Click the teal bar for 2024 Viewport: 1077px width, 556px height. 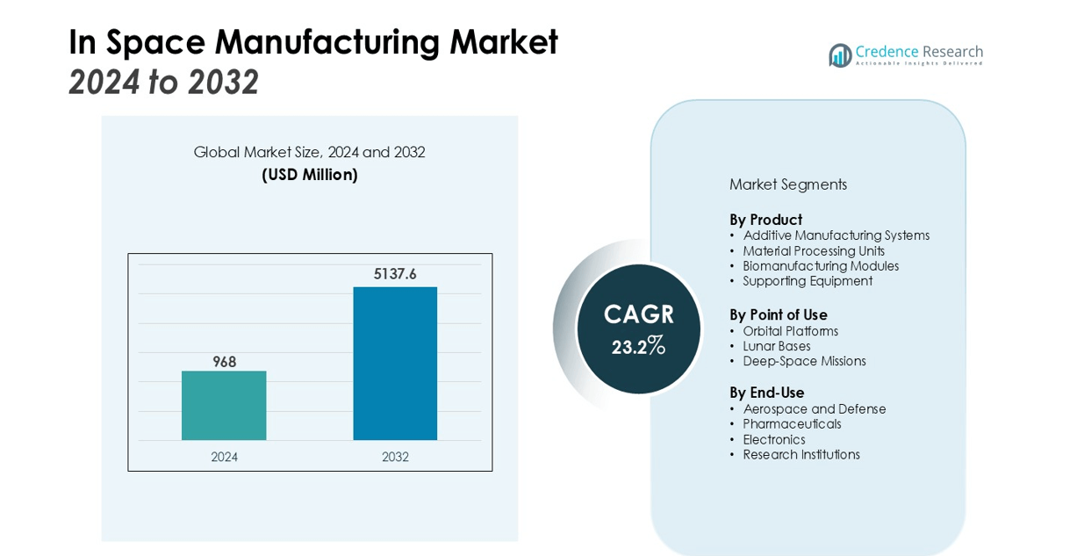point(224,405)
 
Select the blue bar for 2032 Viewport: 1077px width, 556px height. point(395,363)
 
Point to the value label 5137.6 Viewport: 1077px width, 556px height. point(395,274)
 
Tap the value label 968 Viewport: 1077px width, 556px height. point(225,362)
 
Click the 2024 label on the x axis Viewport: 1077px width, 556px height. point(224,457)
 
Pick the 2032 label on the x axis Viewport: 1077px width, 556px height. point(395,457)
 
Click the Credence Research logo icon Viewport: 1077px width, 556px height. point(840,55)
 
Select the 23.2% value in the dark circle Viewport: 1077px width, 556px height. point(638,346)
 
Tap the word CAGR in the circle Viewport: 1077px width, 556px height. point(638,314)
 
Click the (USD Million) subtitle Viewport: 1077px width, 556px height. point(310,175)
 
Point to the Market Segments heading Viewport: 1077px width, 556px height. point(787,184)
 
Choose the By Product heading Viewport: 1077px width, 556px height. point(765,220)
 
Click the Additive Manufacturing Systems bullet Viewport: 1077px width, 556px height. point(836,235)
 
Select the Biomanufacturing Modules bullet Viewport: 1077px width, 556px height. point(821,266)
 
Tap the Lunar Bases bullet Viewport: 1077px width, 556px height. point(776,346)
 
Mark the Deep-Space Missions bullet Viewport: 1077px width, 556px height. point(804,361)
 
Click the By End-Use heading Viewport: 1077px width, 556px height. point(766,393)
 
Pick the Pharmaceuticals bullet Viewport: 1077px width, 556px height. point(792,424)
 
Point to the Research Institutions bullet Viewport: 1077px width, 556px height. point(801,455)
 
